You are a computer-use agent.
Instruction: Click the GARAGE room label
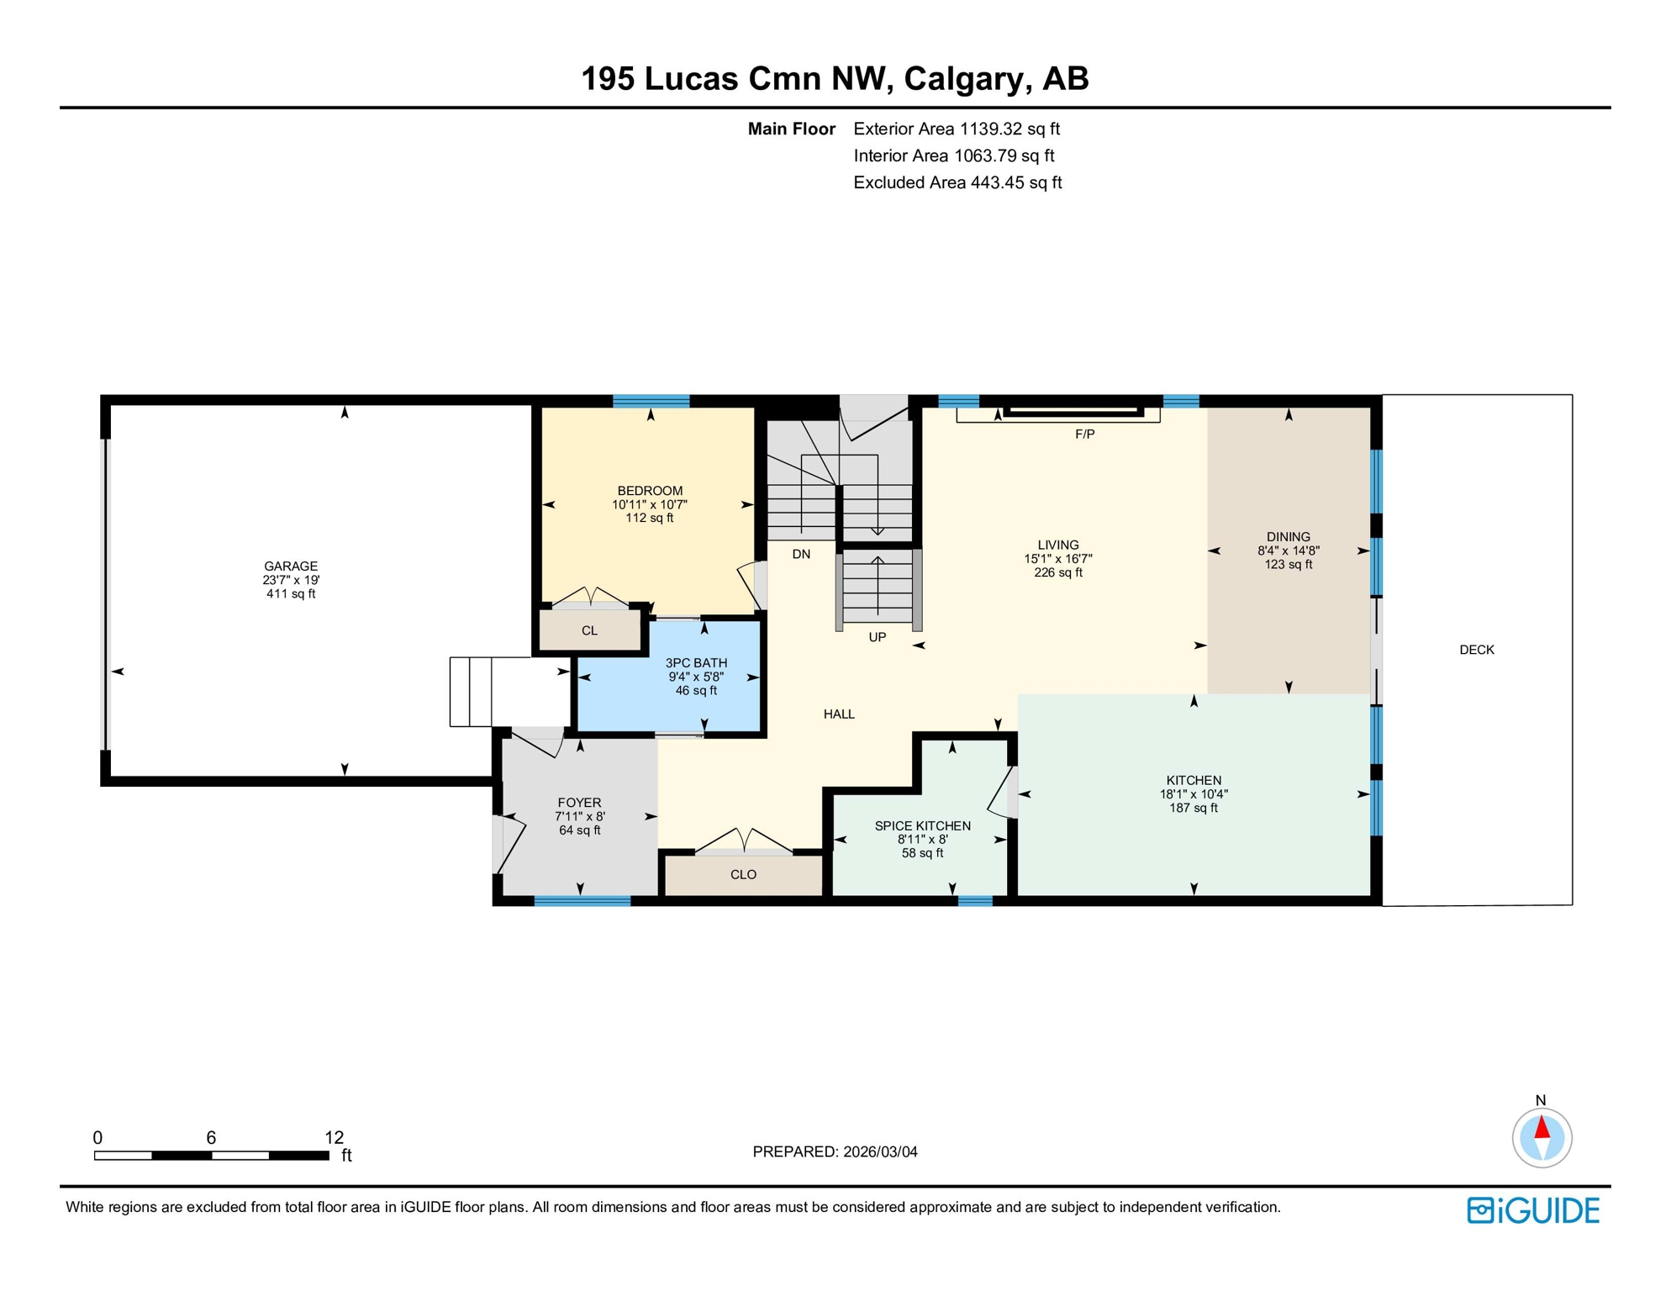point(291,566)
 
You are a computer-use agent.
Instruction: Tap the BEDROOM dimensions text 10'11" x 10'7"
point(649,504)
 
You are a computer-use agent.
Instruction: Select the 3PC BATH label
point(696,662)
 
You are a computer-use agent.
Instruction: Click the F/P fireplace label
point(1084,434)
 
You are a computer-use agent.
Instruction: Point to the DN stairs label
point(801,554)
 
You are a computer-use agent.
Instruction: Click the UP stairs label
point(877,637)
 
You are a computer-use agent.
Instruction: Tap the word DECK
point(1476,649)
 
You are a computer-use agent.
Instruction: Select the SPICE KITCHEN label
point(922,825)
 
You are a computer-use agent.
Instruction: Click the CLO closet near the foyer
point(743,874)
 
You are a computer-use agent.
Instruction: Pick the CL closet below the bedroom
point(589,630)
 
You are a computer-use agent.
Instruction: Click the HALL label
point(839,714)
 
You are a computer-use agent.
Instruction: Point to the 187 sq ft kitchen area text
point(1193,808)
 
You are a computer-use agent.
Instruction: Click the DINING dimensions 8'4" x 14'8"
point(1288,551)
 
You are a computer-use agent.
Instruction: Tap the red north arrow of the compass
point(1542,1127)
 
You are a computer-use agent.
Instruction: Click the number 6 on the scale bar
point(211,1137)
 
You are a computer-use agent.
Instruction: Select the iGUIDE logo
point(1533,1210)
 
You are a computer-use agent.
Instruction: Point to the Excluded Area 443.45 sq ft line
point(957,182)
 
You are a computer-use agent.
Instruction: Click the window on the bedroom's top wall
point(651,401)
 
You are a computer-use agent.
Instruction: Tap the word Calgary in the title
point(967,78)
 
